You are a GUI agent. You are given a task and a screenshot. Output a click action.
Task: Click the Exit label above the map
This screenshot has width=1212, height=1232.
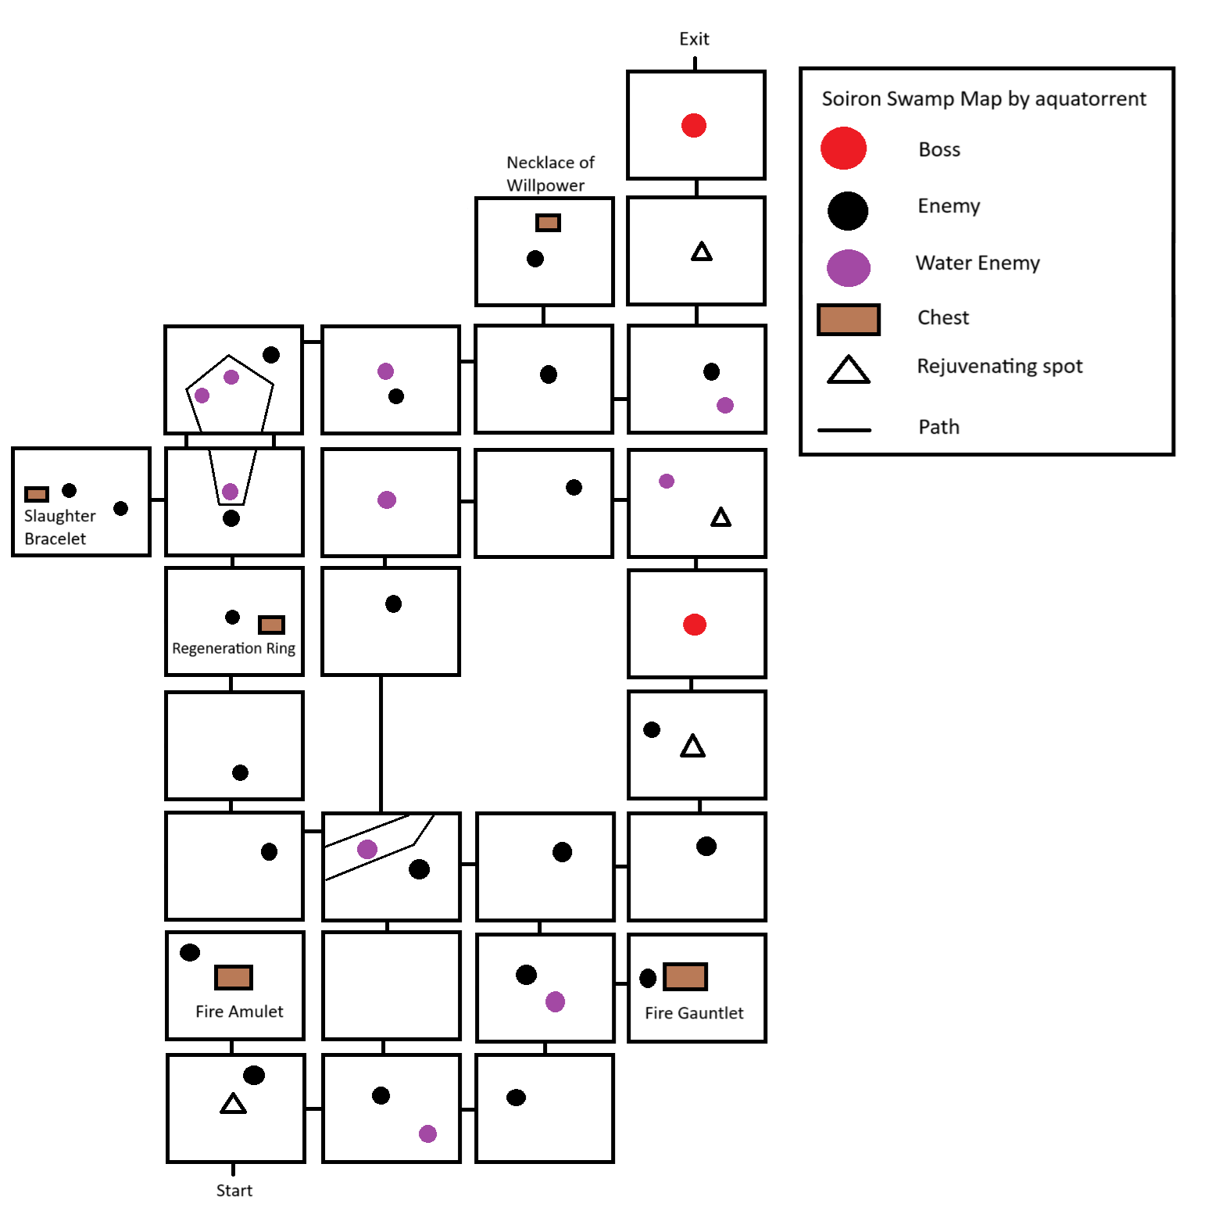coord(694,39)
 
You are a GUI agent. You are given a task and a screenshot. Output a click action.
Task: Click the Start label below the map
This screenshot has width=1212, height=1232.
coord(234,1190)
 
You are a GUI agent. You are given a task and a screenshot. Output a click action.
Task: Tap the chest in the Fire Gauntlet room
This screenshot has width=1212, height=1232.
coord(685,976)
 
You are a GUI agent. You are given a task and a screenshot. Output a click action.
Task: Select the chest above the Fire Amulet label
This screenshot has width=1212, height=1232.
coord(234,977)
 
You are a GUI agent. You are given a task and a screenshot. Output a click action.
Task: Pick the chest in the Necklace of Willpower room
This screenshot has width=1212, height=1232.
coord(548,223)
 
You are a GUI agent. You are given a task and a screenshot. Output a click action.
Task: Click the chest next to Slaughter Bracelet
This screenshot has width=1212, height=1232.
coord(37,494)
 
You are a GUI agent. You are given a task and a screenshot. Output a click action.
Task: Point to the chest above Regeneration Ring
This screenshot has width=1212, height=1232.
coord(271,625)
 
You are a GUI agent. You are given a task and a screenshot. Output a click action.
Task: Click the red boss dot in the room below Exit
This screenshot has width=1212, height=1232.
coord(694,125)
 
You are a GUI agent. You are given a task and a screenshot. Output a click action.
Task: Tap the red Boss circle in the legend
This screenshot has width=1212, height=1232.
coord(843,149)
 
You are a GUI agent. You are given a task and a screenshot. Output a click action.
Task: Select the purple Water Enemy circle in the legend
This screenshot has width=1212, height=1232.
coord(848,268)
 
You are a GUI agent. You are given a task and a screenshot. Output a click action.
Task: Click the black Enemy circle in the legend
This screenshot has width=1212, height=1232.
coord(847,210)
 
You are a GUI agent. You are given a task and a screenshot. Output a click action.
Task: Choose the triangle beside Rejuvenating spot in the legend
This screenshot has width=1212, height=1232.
coord(848,370)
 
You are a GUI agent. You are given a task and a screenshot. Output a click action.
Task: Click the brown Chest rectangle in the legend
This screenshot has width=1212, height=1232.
coord(848,320)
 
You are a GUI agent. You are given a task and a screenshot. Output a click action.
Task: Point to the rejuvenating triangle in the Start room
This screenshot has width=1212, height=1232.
coord(233,1104)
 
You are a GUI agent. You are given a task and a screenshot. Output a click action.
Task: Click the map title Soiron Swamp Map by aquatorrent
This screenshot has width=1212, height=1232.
coord(983,98)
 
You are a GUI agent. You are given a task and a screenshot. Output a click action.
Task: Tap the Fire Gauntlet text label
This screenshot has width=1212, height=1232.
coord(694,1013)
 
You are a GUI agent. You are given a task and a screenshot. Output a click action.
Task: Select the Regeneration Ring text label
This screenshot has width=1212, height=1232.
coord(234,648)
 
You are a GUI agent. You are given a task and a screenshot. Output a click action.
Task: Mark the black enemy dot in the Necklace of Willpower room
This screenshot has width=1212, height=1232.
coord(535,259)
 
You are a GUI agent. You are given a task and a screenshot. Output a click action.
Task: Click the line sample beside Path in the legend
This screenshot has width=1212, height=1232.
coord(844,430)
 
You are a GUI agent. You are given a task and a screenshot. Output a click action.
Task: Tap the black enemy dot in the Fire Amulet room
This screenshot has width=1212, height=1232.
coord(190,952)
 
